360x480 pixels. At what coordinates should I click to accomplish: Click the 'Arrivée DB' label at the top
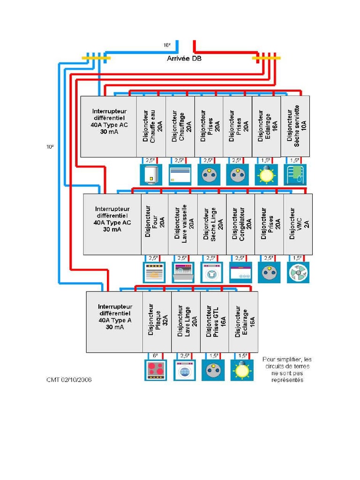click(184, 59)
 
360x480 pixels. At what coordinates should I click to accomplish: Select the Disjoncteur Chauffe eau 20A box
click(151, 126)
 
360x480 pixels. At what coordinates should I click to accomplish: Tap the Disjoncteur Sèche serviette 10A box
click(295, 126)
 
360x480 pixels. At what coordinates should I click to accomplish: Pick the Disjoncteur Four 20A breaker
click(155, 224)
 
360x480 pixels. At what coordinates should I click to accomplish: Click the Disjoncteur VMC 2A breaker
click(298, 224)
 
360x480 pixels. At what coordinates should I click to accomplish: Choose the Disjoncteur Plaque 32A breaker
click(157, 322)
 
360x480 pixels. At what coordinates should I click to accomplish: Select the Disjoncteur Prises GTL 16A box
click(215, 322)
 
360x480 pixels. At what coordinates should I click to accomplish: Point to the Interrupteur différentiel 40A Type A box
click(114, 322)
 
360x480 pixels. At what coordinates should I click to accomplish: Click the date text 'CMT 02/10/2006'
click(69, 380)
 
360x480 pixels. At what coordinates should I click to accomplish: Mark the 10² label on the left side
click(49, 147)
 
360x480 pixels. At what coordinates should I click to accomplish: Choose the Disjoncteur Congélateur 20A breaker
click(240, 224)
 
